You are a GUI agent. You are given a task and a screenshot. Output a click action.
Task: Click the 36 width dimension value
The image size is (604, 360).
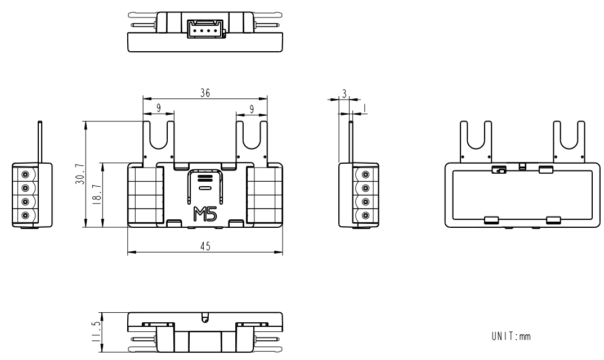pos(205,94)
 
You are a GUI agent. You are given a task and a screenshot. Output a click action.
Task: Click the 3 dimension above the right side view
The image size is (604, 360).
pos(344,94)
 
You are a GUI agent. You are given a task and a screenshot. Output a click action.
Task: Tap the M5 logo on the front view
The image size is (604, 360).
pos(204,214)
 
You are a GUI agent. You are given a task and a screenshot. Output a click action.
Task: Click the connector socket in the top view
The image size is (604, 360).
pos(205,28)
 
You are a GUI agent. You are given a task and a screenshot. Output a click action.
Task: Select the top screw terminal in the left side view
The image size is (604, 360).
pos(26,174)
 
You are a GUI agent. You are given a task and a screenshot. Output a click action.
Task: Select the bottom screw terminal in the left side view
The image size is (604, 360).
pos(26,215)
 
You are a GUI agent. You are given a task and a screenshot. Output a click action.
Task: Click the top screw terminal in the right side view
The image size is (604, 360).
pos(365,174)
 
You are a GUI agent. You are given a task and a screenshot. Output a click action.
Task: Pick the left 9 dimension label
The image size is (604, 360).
pos(158,106)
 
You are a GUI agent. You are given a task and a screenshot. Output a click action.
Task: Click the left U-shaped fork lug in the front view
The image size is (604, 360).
pos(158,141)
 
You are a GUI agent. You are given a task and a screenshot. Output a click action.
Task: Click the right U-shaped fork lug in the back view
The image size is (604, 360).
pos(569,141)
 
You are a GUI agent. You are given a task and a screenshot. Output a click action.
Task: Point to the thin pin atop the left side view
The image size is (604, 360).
pos(39,141)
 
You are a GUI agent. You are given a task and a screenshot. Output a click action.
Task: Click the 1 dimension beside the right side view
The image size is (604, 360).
pos(364,107)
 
